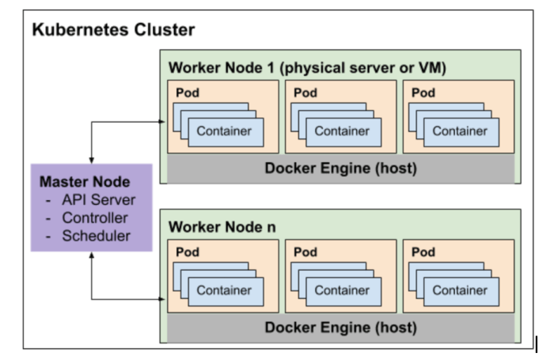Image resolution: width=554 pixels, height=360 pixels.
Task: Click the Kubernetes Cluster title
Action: click(x=113, y=31)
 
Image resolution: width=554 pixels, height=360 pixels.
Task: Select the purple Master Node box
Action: click(x=90, y=207)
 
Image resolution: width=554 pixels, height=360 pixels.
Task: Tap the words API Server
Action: click(x=98, y=200)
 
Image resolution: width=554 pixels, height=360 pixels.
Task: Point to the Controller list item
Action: click(x=94, y=218)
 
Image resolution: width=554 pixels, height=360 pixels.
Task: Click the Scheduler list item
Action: click(x=96, y=235)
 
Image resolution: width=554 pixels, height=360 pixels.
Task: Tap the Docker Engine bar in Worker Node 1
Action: click(x=340, y=168)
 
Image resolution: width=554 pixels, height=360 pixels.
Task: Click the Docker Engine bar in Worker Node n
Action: click(x=340, y=327)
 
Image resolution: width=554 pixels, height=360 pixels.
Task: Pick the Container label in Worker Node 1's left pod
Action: click(x=224, y=131)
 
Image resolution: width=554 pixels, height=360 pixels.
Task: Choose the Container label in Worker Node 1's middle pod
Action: click(x=342, y=131)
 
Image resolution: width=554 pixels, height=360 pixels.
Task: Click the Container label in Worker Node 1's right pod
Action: click(x=460, y=131)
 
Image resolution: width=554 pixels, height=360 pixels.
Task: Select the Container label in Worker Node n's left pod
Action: click(x=224, y=290)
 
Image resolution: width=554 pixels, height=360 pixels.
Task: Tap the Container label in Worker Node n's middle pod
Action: click(x=342, y=290)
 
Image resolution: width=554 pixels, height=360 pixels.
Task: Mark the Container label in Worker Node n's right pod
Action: click(x=460, y=290)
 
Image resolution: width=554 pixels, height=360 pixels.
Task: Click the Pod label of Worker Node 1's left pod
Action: click(x=187, y=93)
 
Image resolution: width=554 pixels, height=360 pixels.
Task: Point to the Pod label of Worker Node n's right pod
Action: click(x=423, y=252)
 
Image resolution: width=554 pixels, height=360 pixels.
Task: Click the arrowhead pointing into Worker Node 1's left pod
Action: click(x=164, y=122)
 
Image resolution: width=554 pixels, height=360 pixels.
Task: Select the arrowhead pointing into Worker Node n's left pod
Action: click(x=164, y=299)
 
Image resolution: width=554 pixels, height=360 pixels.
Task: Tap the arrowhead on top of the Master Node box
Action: click(x=91, y=160)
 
